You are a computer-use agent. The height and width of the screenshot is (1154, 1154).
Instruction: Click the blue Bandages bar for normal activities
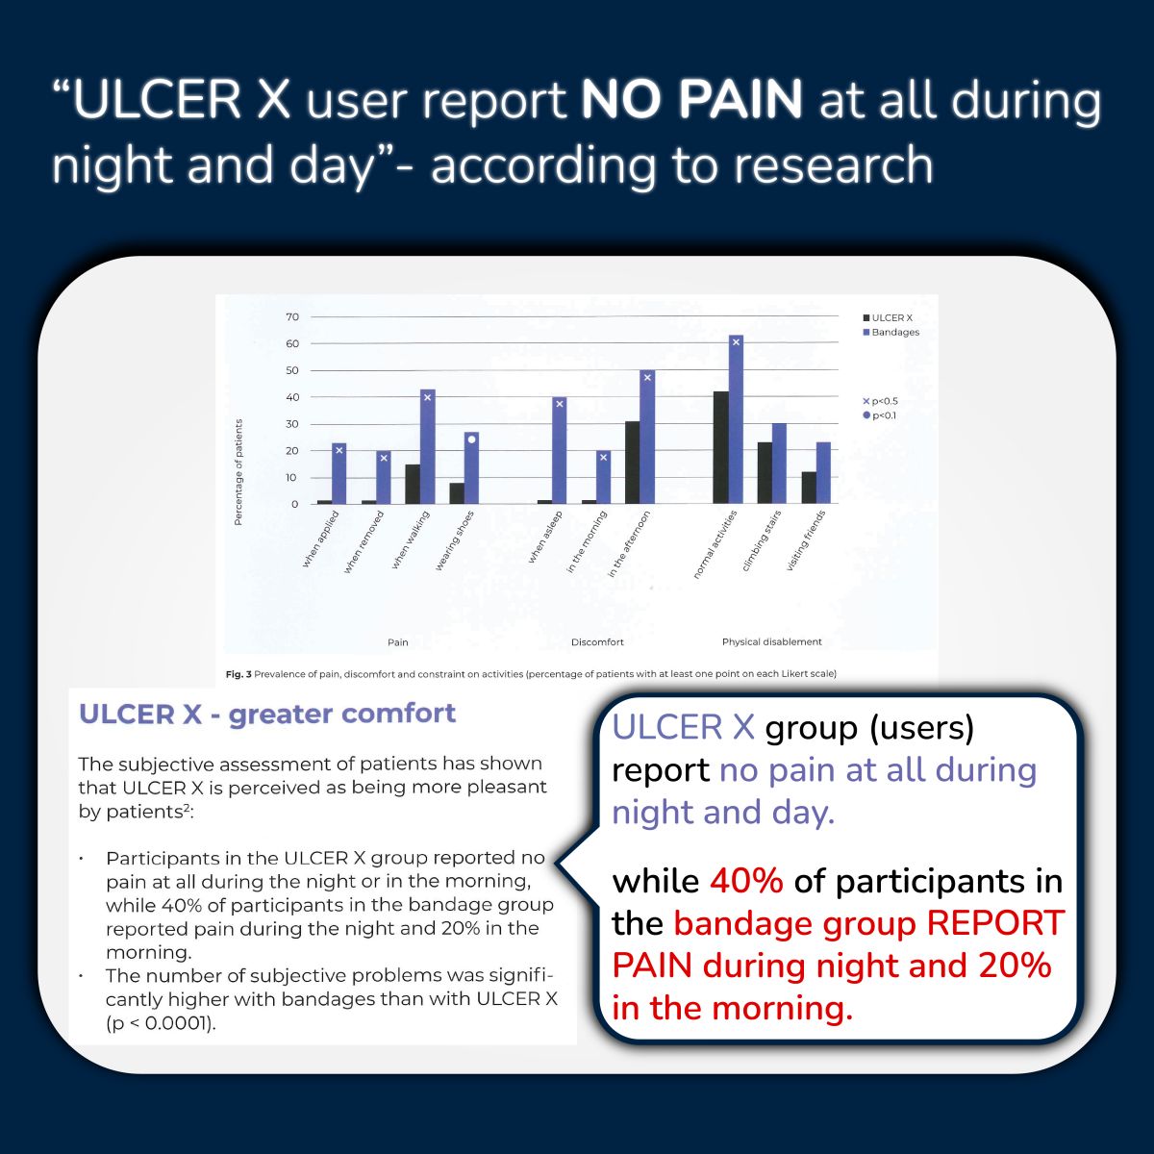click(x=736, y=419)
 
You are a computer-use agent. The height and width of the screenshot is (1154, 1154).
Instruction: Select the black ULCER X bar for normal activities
click(x=721, y=447)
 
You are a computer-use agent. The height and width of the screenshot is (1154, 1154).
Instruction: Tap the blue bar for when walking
click(x=428, y=446)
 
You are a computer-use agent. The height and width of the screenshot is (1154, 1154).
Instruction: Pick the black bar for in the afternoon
click(x=633, y=463)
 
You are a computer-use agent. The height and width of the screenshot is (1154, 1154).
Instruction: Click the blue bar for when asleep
click(x=560, y=450)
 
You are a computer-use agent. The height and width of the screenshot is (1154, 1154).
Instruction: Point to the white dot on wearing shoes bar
click(x=471, y=439)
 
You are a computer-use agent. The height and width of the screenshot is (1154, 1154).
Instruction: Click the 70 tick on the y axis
click(x=292, y=316)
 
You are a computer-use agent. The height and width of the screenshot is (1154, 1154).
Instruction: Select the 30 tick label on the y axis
click(x=292, y=424)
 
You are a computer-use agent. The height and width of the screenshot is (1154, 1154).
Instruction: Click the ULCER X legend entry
click(x=888, y=318)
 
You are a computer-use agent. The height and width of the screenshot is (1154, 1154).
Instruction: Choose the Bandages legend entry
click(x=891, y=333)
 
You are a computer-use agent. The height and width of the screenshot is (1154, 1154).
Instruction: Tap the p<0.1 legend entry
click(x=880, y=415)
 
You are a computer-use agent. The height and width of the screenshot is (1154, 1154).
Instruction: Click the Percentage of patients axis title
click(x=238, y=472)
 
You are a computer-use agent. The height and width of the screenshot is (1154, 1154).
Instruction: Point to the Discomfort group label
click(x=597, y=642)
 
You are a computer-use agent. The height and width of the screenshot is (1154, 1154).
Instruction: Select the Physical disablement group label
click(x=771, y=642)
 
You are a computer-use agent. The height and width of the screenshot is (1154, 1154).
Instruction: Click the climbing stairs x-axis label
click(x=762, y=541)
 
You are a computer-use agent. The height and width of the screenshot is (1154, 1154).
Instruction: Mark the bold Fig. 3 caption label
click(x=238, y=674)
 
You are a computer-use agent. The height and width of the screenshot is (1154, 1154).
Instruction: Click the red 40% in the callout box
click(x=746, y=881)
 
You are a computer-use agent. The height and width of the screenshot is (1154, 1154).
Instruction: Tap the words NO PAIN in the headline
click(x=691, y=99)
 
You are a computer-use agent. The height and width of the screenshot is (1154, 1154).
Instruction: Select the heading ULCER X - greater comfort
click(x=267, y=714)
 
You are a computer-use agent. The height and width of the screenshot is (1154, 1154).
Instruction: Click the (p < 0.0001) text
click(x=161, y=1023)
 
